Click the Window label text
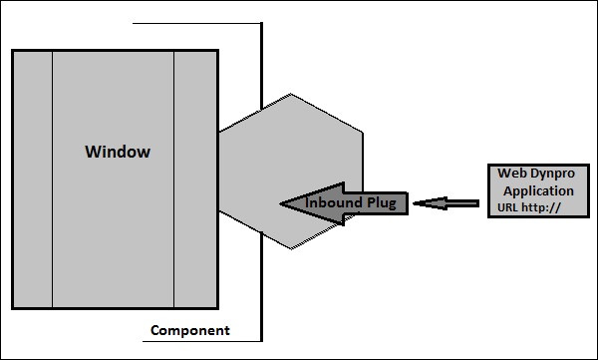coord(118,153)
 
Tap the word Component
coord(189,330)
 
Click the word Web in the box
coord(510,173)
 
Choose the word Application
coord(538,190)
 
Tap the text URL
coord(509,209)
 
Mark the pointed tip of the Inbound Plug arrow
coord(283,203)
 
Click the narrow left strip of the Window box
coord(32,180)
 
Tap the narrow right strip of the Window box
coord(196,180)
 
